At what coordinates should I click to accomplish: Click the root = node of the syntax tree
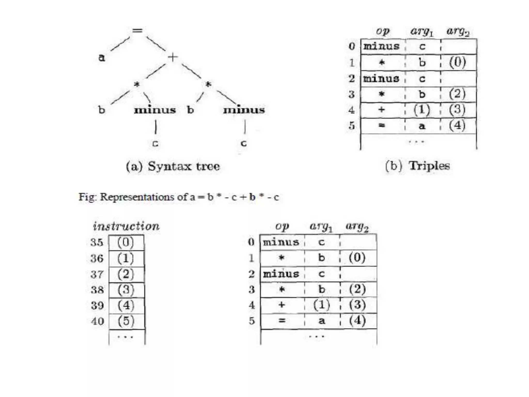(x=137, y=30)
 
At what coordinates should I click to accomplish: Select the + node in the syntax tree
(x=173, y=57)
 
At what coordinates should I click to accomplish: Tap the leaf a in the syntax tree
(x=102, y=57)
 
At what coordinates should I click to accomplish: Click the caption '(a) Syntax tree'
(x=173, y=166)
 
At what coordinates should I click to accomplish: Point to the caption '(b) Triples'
(x=417, y=166)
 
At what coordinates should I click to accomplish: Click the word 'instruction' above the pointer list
(x=126, y=226)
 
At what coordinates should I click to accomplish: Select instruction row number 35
(x=97, y=242)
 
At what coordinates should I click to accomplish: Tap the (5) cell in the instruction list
(x=126, y=321)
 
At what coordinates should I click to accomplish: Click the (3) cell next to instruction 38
(x=126, y=289)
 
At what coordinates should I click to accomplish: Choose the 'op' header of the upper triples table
(x=383, y=31)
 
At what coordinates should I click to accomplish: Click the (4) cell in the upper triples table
(x=457, y=125)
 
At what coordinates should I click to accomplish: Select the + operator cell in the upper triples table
(x=382, y=110)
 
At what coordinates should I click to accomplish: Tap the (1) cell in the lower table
(x=322, y=305)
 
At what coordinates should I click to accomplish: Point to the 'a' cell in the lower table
(x=322, y=321)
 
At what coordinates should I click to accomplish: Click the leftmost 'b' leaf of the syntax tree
(x=102, y=110)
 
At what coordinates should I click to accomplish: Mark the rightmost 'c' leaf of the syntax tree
(x=244, y=143)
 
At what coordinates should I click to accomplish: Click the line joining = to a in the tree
(x=120, y=44)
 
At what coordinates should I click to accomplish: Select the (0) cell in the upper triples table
(x=457, y=62)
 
